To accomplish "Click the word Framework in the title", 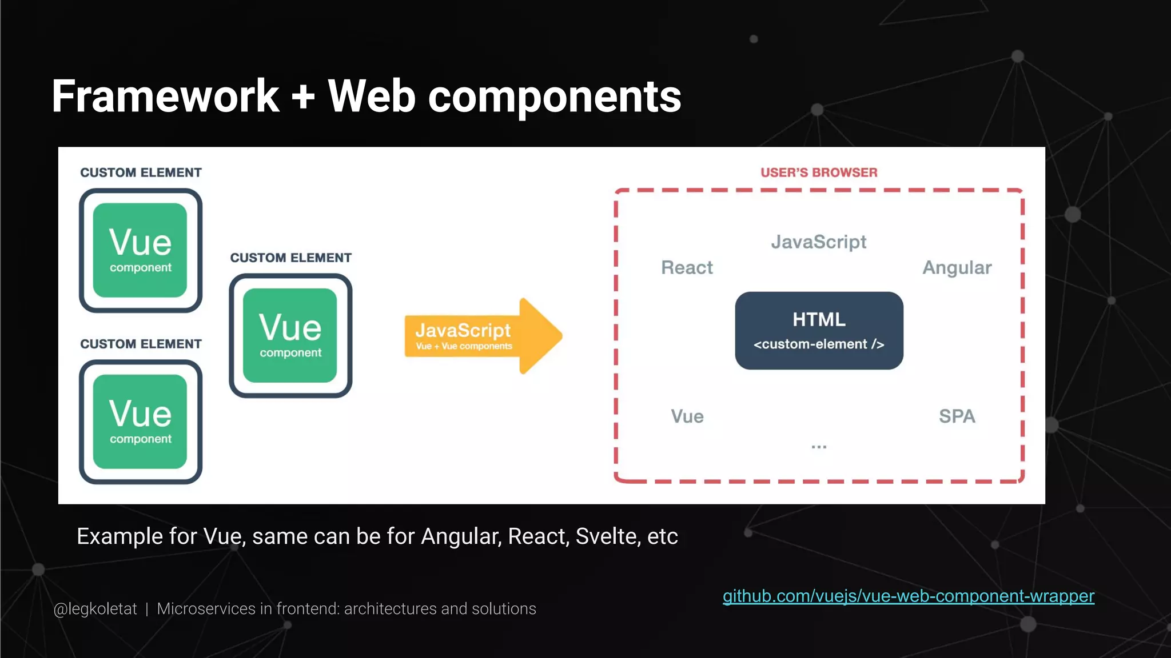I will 165,97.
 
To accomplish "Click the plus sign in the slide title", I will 303,97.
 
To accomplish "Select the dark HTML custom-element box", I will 819,331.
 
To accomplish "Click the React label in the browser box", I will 687,267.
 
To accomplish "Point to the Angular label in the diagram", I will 957,267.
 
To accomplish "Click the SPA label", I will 957,416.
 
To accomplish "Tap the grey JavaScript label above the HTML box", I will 818,242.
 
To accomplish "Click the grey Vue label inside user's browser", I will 687,416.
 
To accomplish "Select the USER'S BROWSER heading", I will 818,172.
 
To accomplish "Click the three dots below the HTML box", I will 819,447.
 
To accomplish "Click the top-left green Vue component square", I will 140,250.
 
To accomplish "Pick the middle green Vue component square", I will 290,335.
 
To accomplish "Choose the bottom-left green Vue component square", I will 140,422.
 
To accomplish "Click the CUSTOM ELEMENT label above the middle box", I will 290,258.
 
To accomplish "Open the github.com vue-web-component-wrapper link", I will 908,596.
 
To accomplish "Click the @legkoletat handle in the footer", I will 95,609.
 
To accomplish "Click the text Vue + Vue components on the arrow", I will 464,346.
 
